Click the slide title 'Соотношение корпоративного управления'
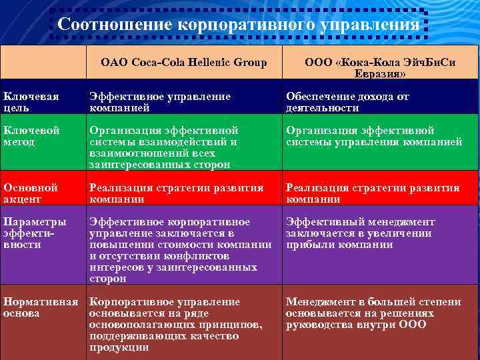tap(239, 25)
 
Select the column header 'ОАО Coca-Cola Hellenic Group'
tap(183, 63)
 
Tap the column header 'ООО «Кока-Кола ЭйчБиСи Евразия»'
tap(380, 68)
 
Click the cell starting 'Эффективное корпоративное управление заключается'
tap(180, 250)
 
